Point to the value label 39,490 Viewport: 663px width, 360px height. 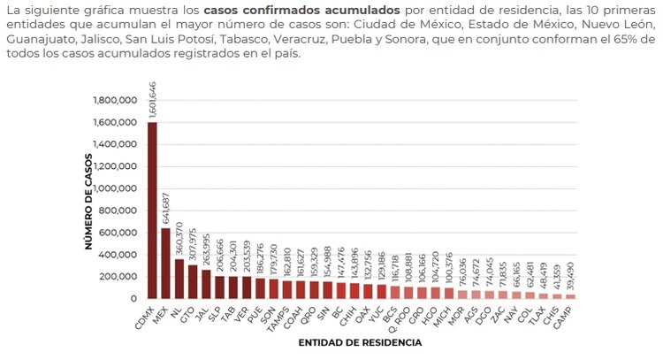pos(569,274)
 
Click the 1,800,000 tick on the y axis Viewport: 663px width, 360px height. pos(112,100)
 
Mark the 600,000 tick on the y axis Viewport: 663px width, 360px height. pos(116,233)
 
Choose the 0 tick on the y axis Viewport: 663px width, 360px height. pos(133,299)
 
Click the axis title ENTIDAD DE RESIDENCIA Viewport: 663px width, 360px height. pos(360,341)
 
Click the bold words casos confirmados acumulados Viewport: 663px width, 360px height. pos(284,9)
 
